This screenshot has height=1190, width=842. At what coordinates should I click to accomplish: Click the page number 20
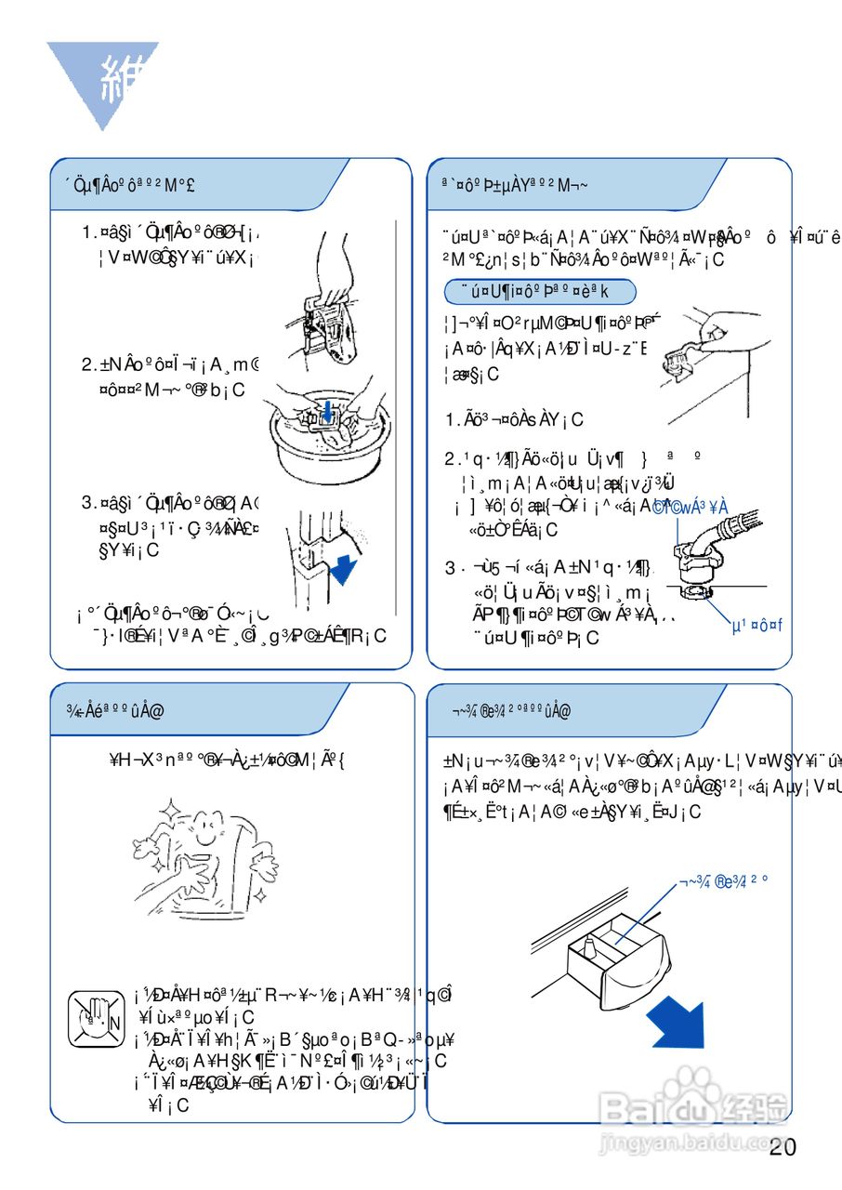tap(783, 1147)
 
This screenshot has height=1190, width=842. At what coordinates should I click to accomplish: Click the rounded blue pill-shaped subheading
tap(540, 292)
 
